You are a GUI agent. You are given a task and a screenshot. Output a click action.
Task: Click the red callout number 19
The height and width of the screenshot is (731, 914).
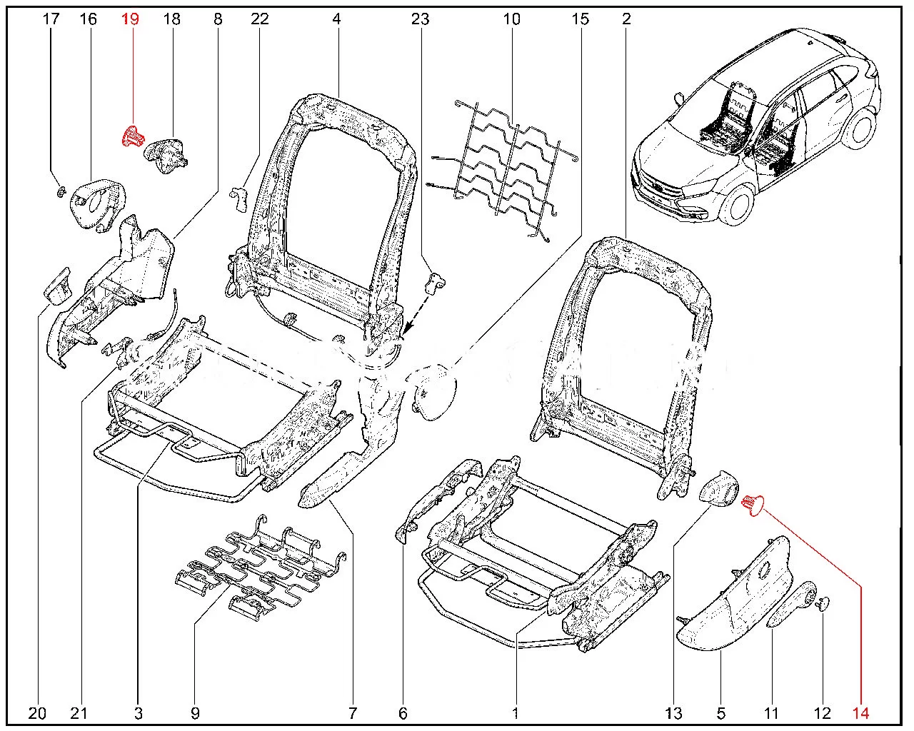[x=129, y=19]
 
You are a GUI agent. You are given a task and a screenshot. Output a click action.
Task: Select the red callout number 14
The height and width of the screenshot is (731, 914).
[x=860, y=712]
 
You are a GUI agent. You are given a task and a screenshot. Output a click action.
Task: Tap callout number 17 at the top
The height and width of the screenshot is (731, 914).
[x=51, y=19]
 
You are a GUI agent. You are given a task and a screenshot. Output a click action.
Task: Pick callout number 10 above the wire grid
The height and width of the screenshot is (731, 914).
[x=511, y=19]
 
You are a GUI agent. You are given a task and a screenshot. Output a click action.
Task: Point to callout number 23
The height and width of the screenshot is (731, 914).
[x=420, y=19]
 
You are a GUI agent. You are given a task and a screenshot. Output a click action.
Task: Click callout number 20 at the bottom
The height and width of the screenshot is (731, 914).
[x=38, y=712]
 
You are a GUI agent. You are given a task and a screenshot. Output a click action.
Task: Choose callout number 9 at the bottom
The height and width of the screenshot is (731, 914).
[x=195, y=712]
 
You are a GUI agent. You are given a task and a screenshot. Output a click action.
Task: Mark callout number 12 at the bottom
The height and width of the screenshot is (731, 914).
[x=823, y=712]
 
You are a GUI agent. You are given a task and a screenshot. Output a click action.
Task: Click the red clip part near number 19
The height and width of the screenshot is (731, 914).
[x=131, y=136]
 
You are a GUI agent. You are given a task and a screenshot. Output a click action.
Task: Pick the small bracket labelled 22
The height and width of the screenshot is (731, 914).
[x=238, y=200]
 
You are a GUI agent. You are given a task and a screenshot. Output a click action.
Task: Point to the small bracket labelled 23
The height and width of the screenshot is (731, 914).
[x=433, y=283]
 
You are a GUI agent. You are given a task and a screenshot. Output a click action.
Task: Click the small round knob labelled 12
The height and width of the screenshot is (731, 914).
[x=823, y=605]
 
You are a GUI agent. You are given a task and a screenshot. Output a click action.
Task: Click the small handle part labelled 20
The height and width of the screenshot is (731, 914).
[x=57, y=285]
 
